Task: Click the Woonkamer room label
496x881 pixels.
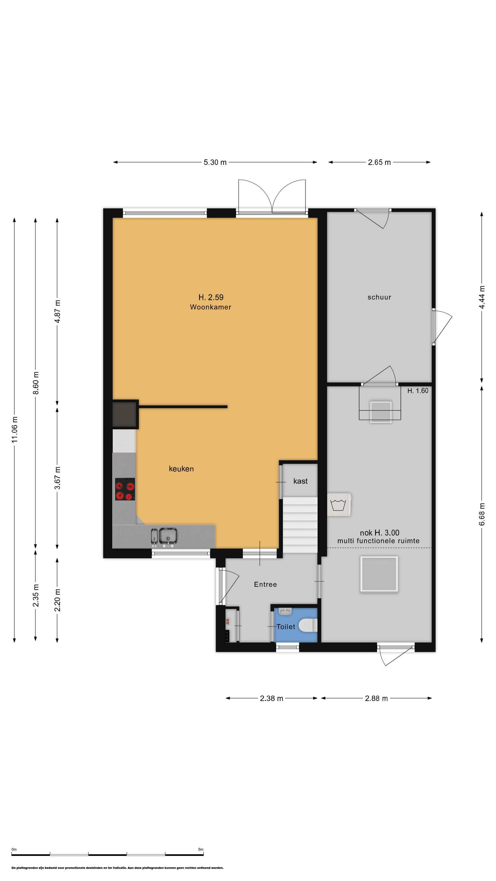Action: point(210,307)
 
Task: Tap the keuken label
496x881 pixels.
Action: point(181,469)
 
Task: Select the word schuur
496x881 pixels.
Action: point(379,297)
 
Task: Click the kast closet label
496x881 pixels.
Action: point(300,481)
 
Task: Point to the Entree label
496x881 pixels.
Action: point(265,584)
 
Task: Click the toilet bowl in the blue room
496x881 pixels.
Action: point(308,626)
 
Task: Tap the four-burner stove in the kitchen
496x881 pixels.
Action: point(125,489)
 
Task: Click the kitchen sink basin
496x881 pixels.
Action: point(168,536)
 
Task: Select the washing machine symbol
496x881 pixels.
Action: point(339,505)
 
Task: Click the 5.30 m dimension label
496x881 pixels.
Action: point(215,162)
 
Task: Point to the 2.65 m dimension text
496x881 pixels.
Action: point(379,162)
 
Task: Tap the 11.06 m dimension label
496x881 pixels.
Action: point(14,430)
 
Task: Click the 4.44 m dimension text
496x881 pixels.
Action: point(482,297)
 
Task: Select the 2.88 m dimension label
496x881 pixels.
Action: point(376,698)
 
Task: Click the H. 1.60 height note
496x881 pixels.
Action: point(418,391)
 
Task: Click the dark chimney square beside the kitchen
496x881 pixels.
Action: point(125,414)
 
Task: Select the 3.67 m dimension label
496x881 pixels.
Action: point(57,478)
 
